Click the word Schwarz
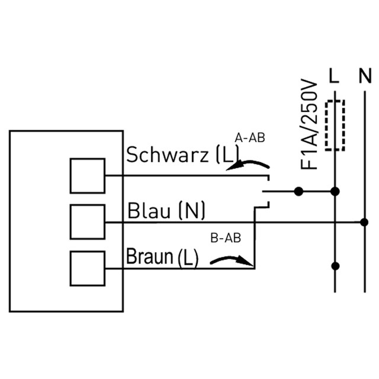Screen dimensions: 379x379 (x=167, y=155)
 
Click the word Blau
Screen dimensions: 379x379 (x=149, y=211)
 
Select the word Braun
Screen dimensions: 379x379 (x=150, y=256)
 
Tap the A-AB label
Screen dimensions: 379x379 (x=250, y=138)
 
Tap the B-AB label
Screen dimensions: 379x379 (x=226, y=238)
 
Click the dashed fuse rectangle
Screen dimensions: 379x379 (x=335, y=126)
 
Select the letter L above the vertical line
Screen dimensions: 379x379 (x=334, y=76)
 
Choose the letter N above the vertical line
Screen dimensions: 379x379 (x=365, y=76)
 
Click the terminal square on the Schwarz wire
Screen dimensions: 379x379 (x=88, y=176)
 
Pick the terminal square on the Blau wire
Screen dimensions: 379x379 (x=88, y=222)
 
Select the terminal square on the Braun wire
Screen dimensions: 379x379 (x=88, y=268)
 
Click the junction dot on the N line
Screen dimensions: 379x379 (x=364, y=222)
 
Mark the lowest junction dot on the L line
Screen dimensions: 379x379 (x=335, y=266)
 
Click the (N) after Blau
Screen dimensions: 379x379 (x=191, y=211)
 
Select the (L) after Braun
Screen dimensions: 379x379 (x=188, y=258)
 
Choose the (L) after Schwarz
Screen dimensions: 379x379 (x=227, y=155)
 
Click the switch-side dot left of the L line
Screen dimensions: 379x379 (x=298, y=192)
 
